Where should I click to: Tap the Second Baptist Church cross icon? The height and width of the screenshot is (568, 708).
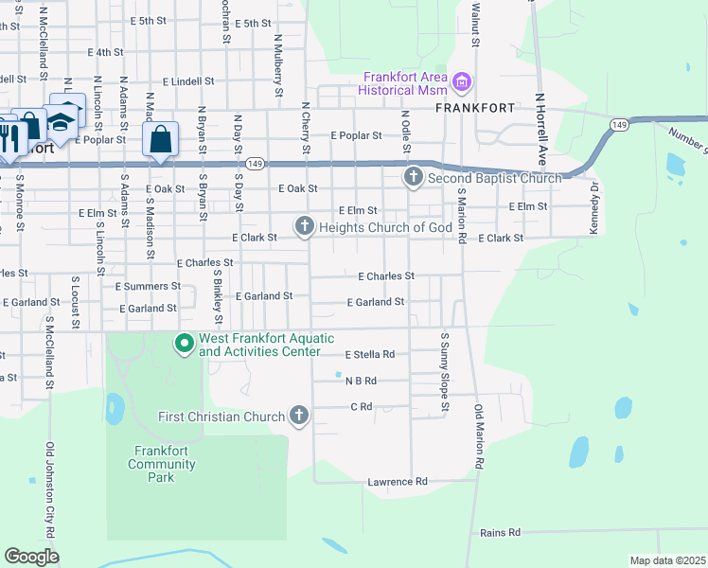[x=413, y=177]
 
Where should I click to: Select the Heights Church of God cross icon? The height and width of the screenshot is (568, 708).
[x=304, y=225]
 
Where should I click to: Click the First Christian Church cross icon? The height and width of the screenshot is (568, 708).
[x=299, y=416]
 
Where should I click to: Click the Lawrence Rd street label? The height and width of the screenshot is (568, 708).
[x=398, y=482]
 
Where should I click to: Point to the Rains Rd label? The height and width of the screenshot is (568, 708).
[x=501, y=533]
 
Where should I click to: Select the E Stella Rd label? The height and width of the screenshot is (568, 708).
[x=369, y=354]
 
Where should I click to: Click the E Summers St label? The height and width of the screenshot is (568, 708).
[x=148, y=285]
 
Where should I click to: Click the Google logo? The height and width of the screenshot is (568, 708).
[x=31, y=556]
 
